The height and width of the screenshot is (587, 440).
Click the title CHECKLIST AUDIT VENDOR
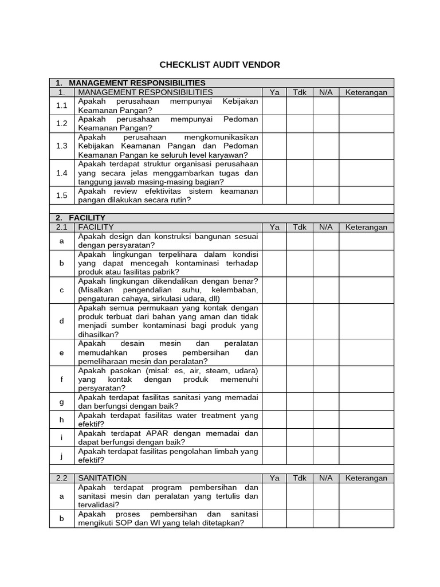tap(220, 65)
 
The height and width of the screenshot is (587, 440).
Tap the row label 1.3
tap(62, 146)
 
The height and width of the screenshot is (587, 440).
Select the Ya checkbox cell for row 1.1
tap(274, 106)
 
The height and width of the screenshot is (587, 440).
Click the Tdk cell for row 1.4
tap(300, 173)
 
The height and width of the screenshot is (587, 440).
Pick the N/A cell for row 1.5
tap(325, 195)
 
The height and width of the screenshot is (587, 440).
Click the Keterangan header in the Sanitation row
tap(366, 478)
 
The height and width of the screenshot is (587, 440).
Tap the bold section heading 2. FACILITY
tap(81, 218)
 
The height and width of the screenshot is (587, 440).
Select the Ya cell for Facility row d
tap(274, 321)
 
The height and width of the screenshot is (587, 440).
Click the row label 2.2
tap(62, 478)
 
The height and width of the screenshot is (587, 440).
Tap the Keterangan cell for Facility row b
tap(366, 263)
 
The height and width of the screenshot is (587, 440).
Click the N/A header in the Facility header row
tap(325, 227)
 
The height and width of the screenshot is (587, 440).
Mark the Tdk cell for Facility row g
tap(300, 402)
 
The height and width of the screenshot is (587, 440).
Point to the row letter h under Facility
tap(62, 420)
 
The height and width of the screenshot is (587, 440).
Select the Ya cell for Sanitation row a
tap(274, 496)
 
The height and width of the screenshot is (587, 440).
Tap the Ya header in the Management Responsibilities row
tap(274, 92)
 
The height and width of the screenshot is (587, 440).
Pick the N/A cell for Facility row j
tap(325, 455)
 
